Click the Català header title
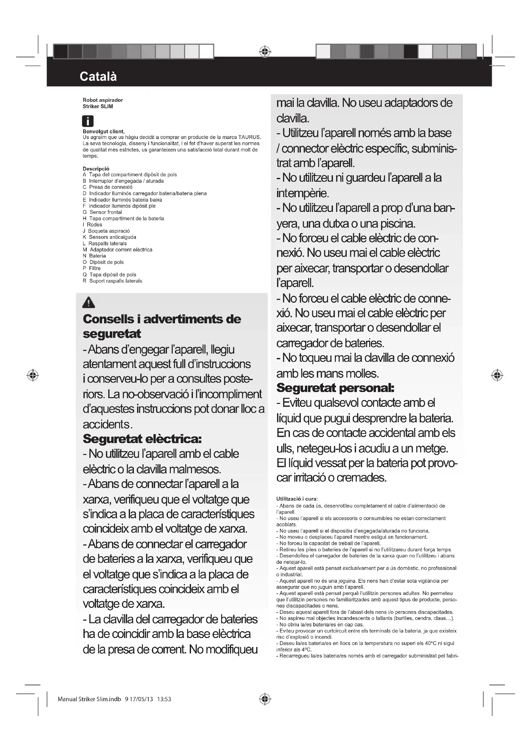[x=98, y=76]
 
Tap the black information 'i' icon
[x=88, y=121]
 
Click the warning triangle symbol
[x=89, y=302]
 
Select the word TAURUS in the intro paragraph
[x=249, y=137]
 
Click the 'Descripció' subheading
[x=96, y=169]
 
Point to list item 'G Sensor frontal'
[x=102, y=212]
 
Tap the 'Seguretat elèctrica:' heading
[x=142, y=439]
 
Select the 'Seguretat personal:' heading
[x=335, y=388]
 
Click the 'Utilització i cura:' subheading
[x=297, y=499]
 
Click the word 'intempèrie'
[x=302, y=193]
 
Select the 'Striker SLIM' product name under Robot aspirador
[x=98, y=107]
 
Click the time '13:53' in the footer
[x=164, y=699]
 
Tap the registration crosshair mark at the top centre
[x=265, y=52]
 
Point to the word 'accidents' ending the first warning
[x=106, y=424]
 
